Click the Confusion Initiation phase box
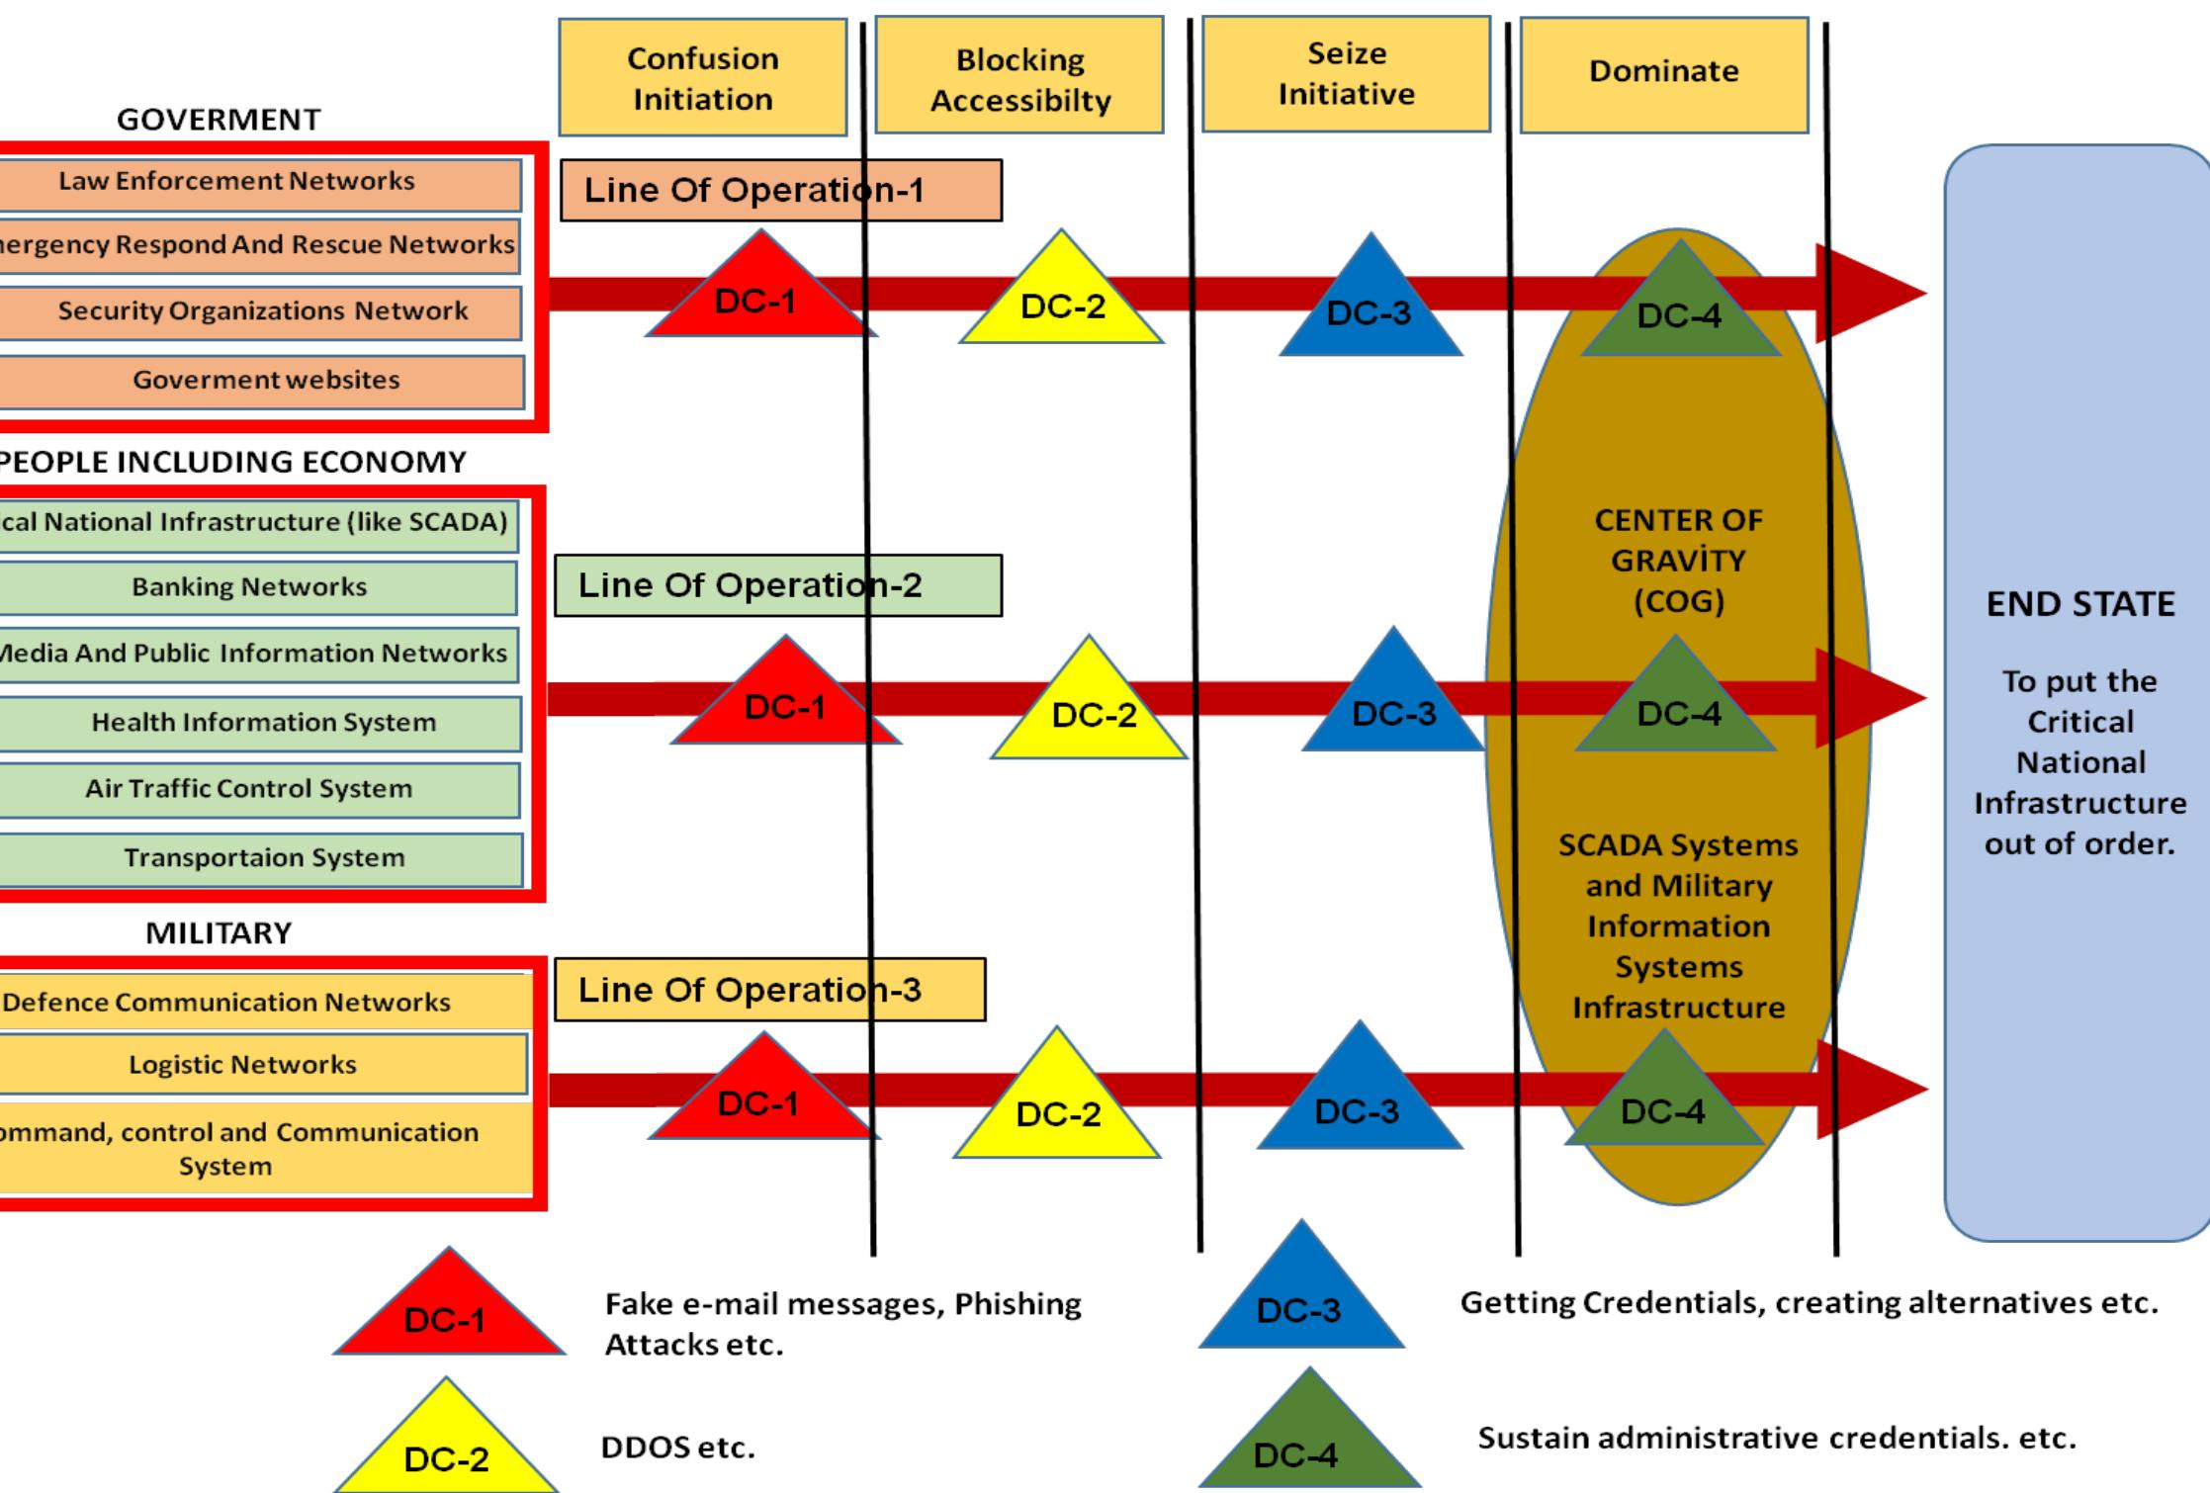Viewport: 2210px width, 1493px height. (702, 77)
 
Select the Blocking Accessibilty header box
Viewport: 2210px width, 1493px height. (1019, 77)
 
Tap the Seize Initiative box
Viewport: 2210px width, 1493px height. (1346, 74)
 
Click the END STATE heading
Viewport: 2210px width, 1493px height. (2080, 604)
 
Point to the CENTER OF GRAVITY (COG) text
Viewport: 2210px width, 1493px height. (1678, 560)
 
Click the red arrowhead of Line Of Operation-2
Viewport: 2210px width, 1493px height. (1869, 698)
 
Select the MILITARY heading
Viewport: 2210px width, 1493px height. (219, 932)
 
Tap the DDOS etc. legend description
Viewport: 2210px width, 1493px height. (678, 1448)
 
